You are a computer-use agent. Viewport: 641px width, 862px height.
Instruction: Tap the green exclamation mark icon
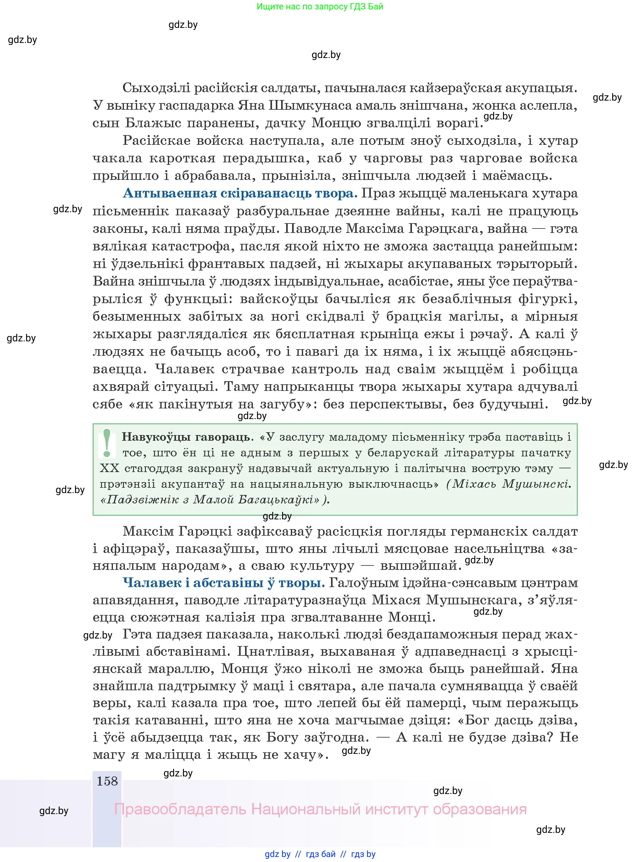pyautogui.click(x=107, y=443)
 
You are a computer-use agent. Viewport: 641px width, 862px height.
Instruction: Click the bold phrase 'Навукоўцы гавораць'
pyautogui.click(x=186, y=437)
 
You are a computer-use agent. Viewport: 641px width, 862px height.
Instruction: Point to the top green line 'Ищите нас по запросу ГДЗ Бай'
pyautogui.click(x=320, y=7)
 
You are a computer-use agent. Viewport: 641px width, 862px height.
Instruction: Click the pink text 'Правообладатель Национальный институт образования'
pyautogui.click(x=320, y=809)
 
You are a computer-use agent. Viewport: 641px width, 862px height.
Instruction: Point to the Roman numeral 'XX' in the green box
pyautogui.click(x=110, y=469)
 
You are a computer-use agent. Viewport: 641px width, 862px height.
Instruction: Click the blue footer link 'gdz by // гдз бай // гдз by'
pyautogui.click(x=320, y=854)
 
